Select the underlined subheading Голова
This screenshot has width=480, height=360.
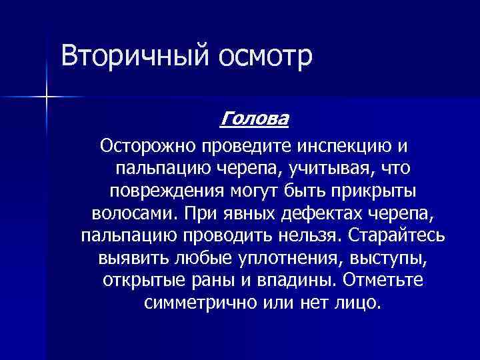point(254,120)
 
